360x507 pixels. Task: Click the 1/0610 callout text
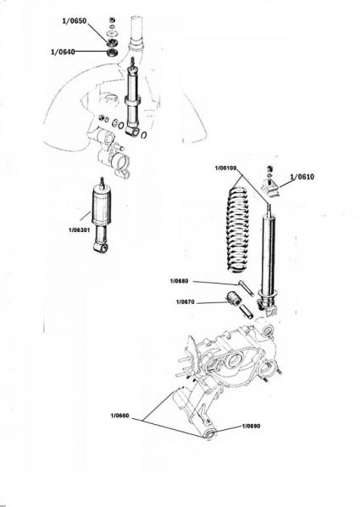[302, 177]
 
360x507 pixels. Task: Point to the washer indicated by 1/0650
[112, 35]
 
